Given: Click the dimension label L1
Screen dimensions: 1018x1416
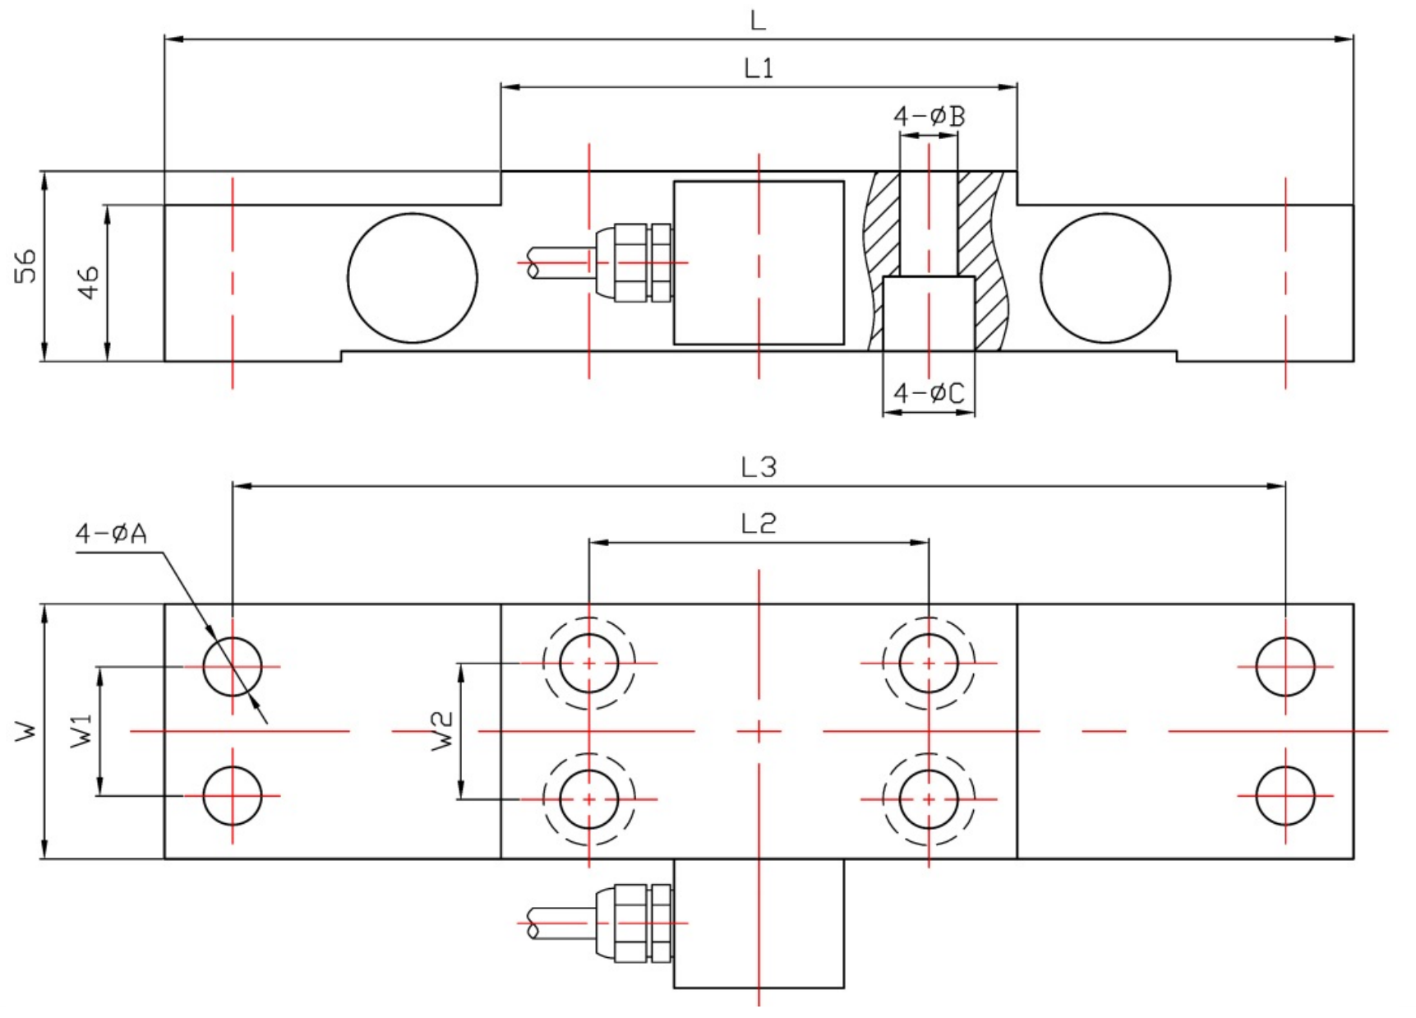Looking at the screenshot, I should pyautogui.click(x=759, y=68).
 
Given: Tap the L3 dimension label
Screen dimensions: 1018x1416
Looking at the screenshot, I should pyautogui.click(x=758, y=468).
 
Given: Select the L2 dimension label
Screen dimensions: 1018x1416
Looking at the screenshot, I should pyautogui.click(x=758, y=524).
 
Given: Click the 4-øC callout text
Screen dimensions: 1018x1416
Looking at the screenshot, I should pyautogui.click(x=929, y=394).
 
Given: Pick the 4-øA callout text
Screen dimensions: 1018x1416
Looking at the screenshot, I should pyautogui.click(x=111, y=534).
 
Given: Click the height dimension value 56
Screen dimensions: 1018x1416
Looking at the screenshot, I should pyautogui.click(x=27, y=265).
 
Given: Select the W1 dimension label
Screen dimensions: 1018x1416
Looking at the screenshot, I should pyautogui.click(x=82, y=730).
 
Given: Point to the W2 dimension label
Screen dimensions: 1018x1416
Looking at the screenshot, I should pyautogui.click(x=442, y=730).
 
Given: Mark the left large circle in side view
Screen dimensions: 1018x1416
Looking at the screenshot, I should pyautogui.click(x=413, y=278).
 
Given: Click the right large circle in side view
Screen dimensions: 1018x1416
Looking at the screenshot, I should pyautogui.click(x=1105, y=278).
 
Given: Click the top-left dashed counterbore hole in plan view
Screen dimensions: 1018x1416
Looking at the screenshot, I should pyautogui.click(x=588, y=663).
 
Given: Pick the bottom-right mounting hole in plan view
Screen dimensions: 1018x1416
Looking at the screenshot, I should pyautogui.click(x=1285, y=796).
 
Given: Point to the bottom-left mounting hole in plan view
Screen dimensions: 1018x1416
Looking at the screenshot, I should pyautogui.click(x=233, y=796).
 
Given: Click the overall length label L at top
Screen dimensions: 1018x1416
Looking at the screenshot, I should pyautogui.click(x=758, y=21).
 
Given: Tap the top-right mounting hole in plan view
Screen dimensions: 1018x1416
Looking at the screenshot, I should pyautogui.click(x=1285, y=666).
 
